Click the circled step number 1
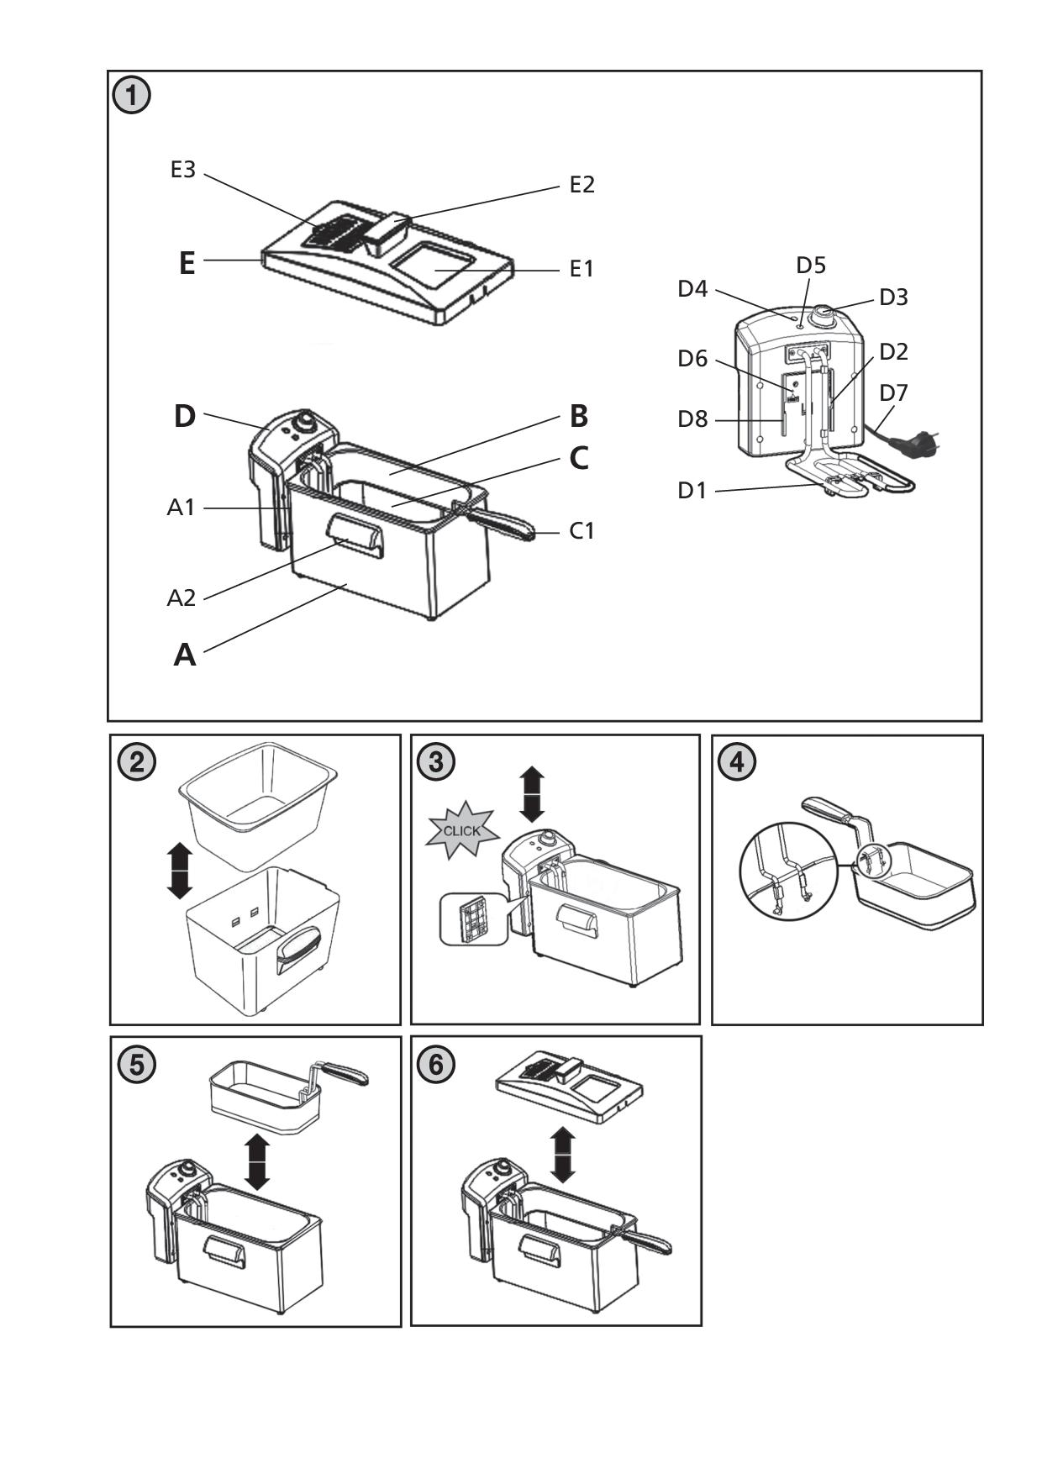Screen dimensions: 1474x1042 (132, 96)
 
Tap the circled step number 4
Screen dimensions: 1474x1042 (737, 761)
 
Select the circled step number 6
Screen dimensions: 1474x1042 (436, 1063)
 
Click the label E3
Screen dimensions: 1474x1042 (182, 170)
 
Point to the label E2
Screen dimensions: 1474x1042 (582, 185)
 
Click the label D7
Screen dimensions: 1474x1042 (893, 392)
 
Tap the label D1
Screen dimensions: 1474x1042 (692, 490)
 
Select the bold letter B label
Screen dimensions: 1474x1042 (578, 416)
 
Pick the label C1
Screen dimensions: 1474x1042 (582, 531)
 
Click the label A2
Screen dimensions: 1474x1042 (181, 597)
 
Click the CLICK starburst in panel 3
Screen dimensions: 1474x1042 (461, 830)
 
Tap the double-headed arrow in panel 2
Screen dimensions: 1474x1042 (179, 871)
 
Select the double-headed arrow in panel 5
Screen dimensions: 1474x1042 (256, 1162)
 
